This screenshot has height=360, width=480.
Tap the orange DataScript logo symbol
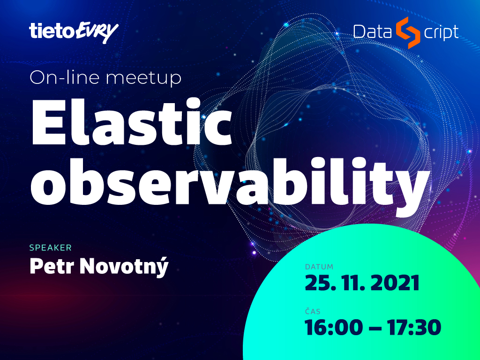click(407, 33)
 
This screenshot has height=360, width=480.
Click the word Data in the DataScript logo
click(373, 32)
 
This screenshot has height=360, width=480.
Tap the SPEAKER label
click(51, 247)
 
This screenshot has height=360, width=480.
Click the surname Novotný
click(124, 267)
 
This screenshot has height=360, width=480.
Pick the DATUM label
click(319, 267)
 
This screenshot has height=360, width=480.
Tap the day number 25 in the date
click(319, 283)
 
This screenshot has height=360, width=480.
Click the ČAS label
click(313, 311)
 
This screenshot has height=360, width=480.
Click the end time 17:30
click(413, 327)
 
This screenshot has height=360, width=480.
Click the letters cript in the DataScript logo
click(441, 33)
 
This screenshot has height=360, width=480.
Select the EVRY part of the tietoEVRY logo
click(97, 32)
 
